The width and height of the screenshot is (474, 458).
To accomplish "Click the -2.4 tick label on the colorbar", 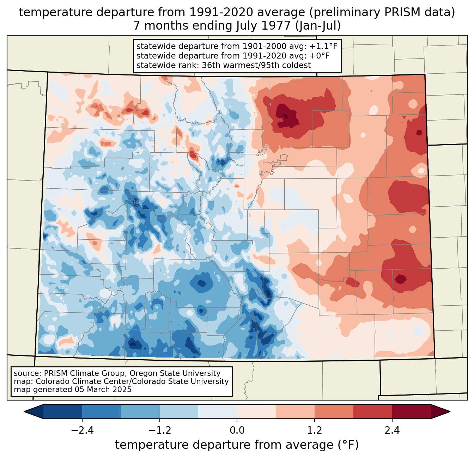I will tap(82, 430).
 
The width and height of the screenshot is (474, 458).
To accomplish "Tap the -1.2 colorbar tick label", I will tap(160, 430).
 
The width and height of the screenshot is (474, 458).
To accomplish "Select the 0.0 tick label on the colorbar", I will tap(237, 430).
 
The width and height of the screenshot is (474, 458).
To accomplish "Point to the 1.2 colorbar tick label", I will tap(315, 430).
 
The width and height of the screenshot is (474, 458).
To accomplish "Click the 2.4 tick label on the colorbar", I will tap(392, 430).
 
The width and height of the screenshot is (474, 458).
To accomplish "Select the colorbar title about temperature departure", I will tap(237, 445).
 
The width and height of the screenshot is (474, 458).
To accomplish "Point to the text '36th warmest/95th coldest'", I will tap(256, 65).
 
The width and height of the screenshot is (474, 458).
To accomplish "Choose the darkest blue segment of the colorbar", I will tap(63, 411).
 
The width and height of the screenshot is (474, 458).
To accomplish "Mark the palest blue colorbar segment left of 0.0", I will tap(218, 411).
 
